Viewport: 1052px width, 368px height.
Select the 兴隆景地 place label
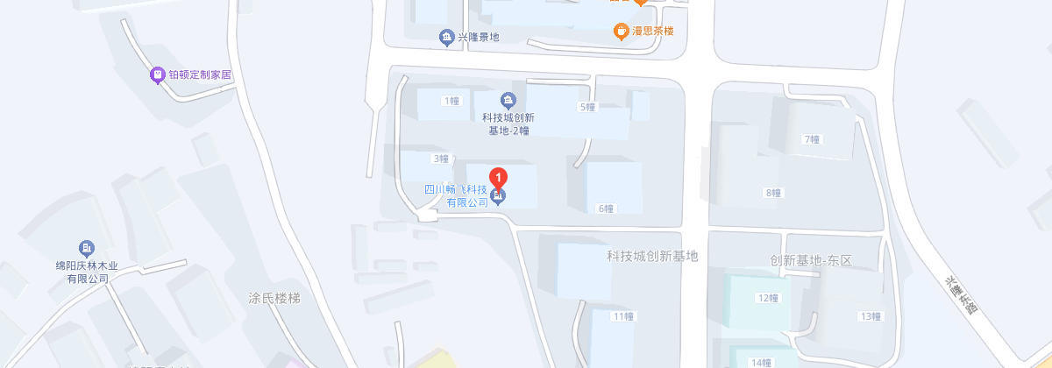click(479, 37)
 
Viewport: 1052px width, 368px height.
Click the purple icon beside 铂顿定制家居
click(158, 75)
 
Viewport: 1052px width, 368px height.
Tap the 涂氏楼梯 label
click(274, 299)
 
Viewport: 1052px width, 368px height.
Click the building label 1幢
click(451, 101)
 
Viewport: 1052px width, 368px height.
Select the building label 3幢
click(441, 159)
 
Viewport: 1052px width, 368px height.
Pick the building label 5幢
click(587, 107)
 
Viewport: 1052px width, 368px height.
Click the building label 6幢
click(606, 209)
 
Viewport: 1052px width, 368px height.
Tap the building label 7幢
click(812, 139)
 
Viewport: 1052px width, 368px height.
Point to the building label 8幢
click(773, 193)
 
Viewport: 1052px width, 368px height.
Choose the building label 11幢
click(623, 315)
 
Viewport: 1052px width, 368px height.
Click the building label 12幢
click(768, 298)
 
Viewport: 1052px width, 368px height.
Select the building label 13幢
click(871, 316)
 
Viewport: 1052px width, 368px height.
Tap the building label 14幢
click(762, 362)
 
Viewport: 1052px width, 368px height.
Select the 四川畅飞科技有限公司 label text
click(456, 195)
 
